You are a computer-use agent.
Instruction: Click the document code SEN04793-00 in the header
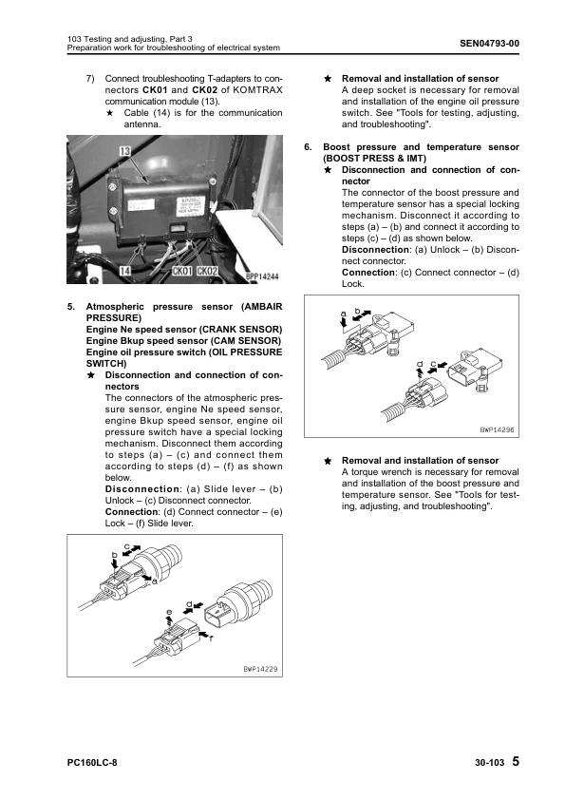coord(489,44)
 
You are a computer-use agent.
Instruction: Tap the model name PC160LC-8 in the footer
coord(92,763)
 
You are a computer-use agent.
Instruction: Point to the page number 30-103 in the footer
coord(490,763)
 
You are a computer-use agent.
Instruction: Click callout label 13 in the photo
coord(125,151)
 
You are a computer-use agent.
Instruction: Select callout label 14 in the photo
coord(125,271)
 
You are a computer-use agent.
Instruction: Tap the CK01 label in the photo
coord(182,271)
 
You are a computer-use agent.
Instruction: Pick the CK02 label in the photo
coord(207,271)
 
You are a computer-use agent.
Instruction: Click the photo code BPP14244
coord(262,276)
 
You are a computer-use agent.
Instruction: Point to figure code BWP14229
coord(260,669)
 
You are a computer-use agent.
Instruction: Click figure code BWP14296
coord(498,429)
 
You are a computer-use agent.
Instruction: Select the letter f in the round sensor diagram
coord(211,638)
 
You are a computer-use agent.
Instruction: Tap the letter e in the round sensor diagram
coord(170,612)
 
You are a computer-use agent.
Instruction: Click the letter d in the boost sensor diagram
coord(420,364)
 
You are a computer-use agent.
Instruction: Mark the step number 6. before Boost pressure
coord(308,147)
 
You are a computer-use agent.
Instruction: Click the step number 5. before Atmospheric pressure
coord(71,307)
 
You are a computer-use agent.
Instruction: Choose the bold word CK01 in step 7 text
coord(155,90)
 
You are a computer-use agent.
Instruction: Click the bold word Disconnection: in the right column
coord(376,250)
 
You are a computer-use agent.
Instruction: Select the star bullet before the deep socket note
coord(328,79)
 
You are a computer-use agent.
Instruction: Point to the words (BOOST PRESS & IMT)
coord(374,158)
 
